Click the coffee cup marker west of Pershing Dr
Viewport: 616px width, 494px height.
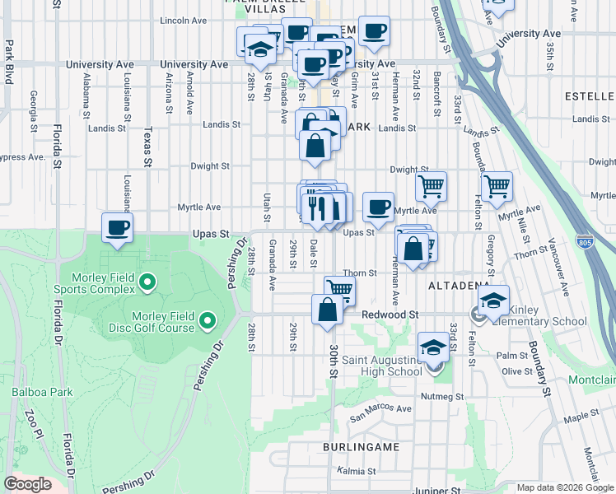pyautogui.click(x=117, y=228)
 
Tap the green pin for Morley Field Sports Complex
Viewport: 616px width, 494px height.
pyautogui.click(x=148, y=283)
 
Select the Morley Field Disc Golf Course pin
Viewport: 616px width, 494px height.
pyautogui.click(x=208, y=319)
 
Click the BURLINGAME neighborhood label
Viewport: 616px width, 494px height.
pyautogui.click(x=361, y=447)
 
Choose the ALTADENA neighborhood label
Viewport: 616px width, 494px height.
pyautogui.click(x=459, y=286)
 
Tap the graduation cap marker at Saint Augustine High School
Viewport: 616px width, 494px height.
pyautogui.click(x=433, y=348)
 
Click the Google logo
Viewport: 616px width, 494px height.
pyautogui.click(x=27, y=484)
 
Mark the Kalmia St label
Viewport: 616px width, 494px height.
pyautogui.click(x=356, y=473)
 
